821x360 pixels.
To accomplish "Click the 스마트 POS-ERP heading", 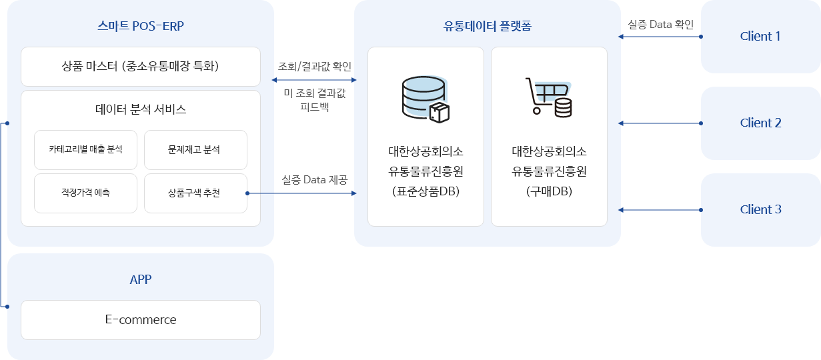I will (x=140, y=27).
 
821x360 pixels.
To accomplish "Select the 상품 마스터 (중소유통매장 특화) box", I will (x=140, y=67).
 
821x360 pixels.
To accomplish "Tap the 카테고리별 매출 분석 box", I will (x=85, y=150).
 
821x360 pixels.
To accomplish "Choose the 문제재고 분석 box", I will (x=195, y=150).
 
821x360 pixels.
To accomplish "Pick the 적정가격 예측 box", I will (x=85, y=193).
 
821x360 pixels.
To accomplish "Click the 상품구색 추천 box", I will (x=195, y=193).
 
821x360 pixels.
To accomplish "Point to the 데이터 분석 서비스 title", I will (x=140, y=109).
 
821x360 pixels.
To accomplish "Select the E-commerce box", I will (x=140, y=320).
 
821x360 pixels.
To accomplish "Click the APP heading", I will (x=140, y=279).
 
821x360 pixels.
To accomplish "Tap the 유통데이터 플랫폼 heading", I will (x=487, y=27).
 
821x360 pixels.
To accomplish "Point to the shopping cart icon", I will (x=550, y=97).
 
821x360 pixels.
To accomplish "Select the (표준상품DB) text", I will (x=426, y=192).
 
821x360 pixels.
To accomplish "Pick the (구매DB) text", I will (x=549, y=192).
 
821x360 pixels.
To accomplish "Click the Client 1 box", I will (x=760, y=37).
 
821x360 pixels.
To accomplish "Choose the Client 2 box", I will (x=760, y=123).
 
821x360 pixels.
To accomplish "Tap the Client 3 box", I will (x=760, y=210).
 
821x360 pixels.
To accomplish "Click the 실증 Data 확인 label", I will (x=660, y=25).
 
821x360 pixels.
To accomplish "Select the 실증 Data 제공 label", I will (x=314, y=180).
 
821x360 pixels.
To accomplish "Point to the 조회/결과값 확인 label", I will (x=314, y=67).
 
